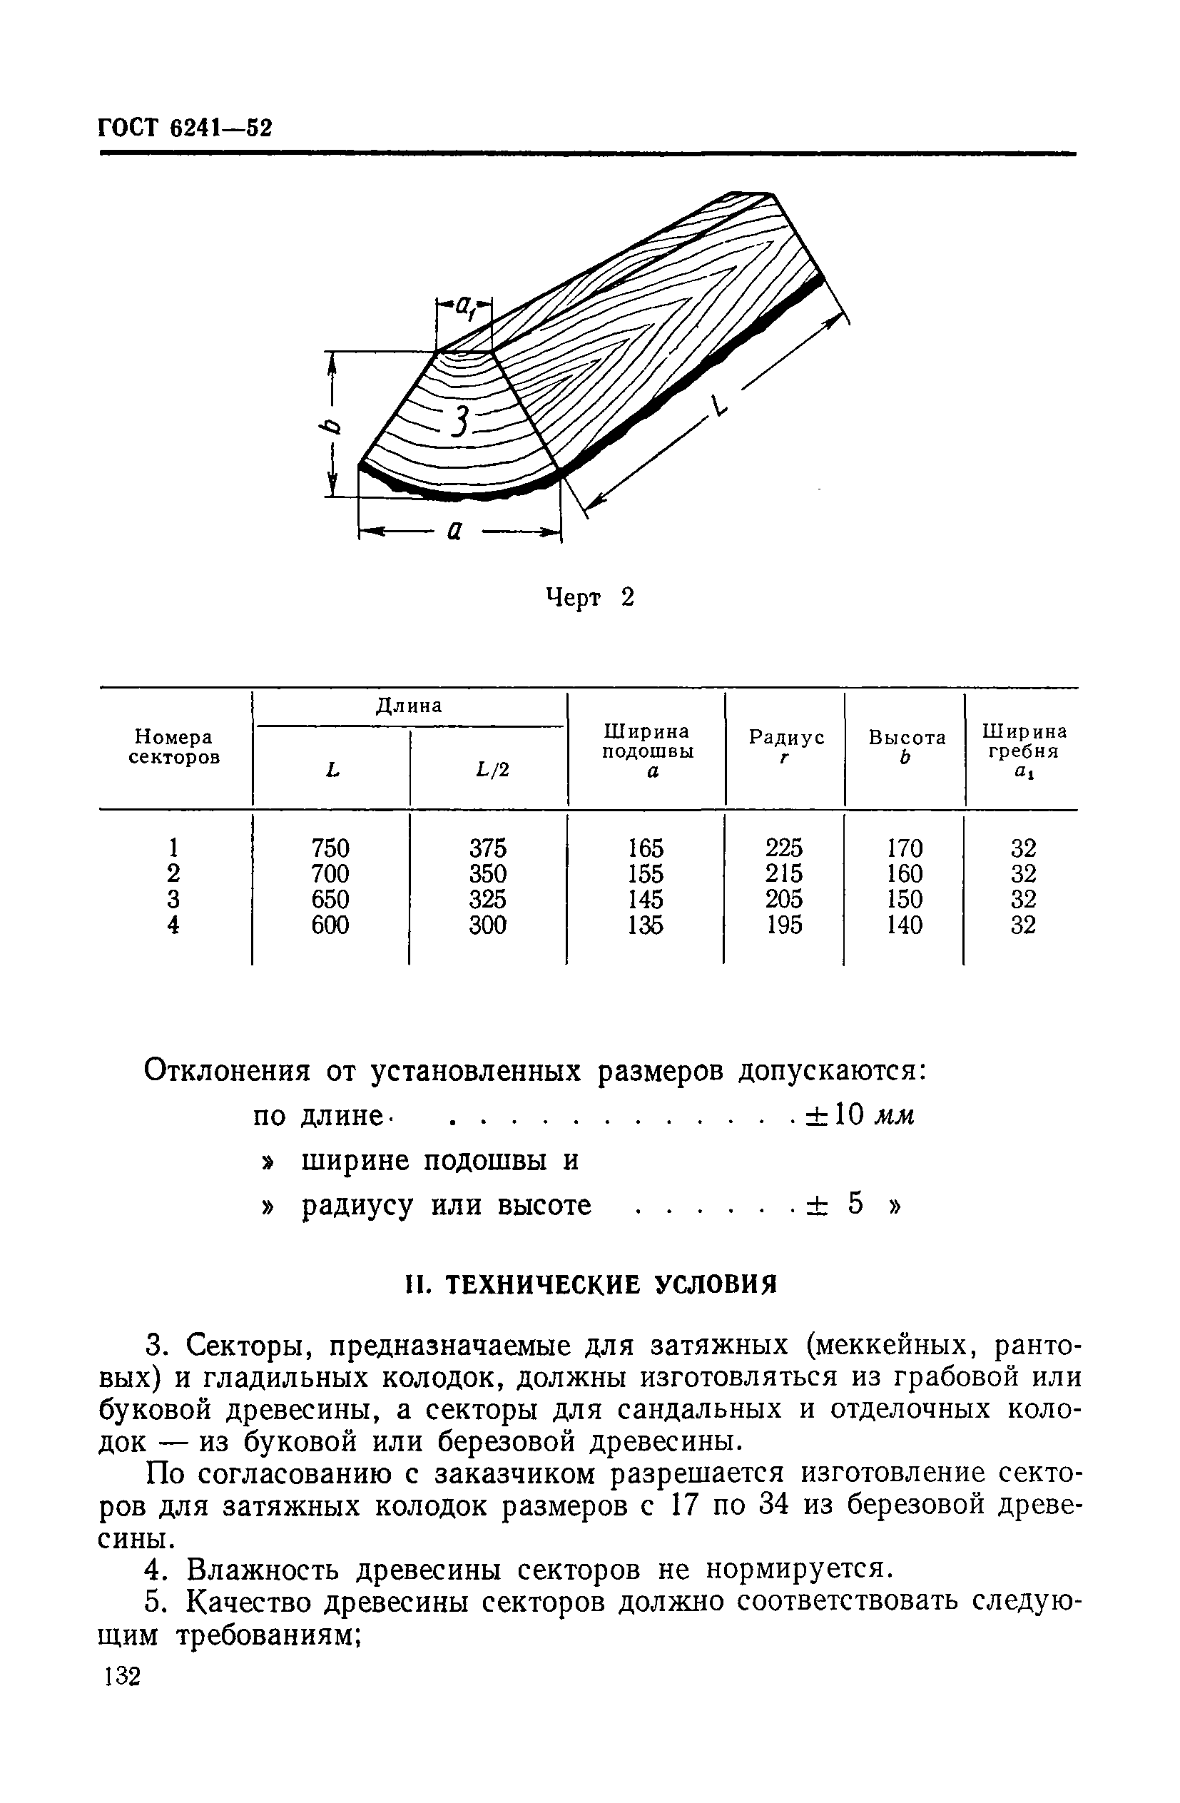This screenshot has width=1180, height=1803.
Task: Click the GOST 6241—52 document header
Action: (185, 126)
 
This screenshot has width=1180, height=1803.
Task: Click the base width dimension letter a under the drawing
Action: (454, 532)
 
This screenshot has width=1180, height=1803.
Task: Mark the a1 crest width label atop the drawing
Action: (464, 308)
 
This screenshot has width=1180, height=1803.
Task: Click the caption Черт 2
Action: (589, 598)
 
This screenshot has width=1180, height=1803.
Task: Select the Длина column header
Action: (409, 706)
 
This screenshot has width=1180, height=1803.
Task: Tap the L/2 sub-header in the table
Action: (492, 770)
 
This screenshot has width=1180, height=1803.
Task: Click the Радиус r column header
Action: (785, 746)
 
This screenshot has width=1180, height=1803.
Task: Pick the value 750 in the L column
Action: (330, 848)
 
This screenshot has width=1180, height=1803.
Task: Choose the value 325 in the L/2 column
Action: (488, 899)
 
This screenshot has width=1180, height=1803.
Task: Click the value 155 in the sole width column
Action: (645, 873)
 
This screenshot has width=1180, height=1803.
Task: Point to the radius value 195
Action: (784, 925)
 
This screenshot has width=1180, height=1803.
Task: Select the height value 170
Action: (905, 848)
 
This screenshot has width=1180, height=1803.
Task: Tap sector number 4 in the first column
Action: (173, 925)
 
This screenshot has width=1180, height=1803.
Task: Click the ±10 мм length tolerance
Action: (860, 1115)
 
